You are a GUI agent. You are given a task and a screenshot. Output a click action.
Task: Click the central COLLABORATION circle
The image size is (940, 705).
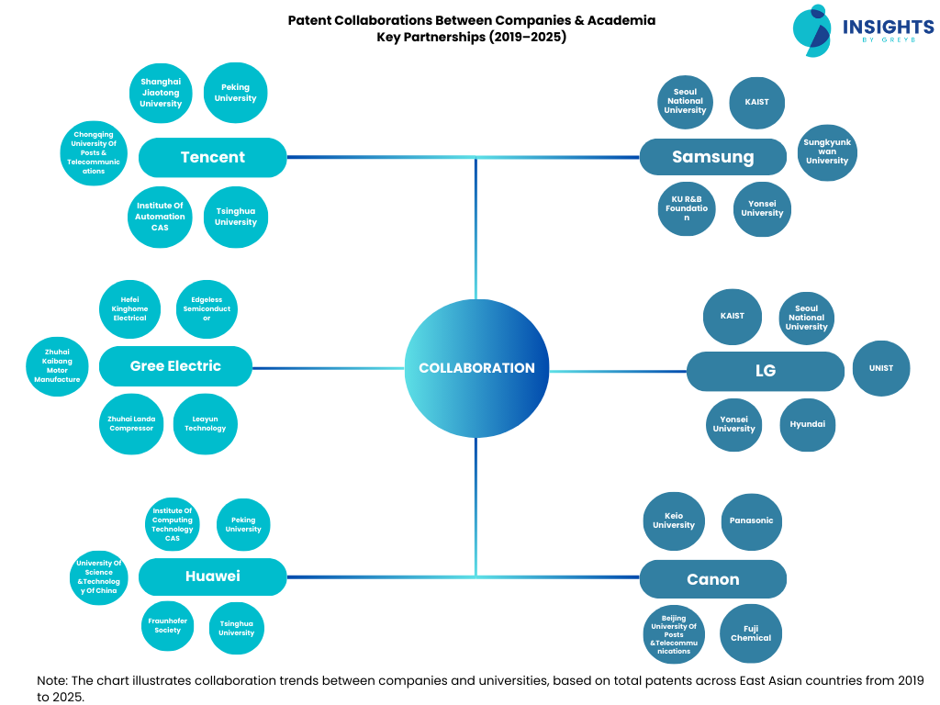[x=476, y=367]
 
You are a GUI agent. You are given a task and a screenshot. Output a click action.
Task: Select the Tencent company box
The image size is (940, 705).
[x=212, y=157]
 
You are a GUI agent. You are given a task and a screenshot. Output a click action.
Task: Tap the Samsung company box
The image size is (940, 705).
[x=712, y=157]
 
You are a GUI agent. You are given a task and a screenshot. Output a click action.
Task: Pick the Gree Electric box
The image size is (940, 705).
[x=175, y=366]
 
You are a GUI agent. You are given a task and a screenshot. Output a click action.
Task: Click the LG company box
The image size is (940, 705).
[x=765, y=371]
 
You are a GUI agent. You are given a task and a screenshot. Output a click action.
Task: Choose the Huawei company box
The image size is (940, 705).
[x=212, y=576]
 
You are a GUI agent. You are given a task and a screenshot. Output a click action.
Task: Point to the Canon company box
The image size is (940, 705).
[x=712, y=579]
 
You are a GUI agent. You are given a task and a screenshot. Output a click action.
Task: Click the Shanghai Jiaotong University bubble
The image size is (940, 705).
[x=161, y=93]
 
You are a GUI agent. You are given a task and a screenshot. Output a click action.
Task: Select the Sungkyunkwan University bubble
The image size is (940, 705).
[x=826, y=152]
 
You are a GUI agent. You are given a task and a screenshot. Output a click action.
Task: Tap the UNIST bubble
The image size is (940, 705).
[x=881, y=368]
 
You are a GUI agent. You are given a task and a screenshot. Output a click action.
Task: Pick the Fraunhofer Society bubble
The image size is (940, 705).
[x=168, y=626]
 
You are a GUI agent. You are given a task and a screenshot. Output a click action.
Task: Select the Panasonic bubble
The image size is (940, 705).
[x=751, y=520]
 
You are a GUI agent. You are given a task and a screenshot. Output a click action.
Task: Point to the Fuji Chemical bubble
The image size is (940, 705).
[x=751, y=632]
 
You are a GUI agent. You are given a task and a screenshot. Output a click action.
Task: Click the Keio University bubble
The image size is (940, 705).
[x=674, y=520]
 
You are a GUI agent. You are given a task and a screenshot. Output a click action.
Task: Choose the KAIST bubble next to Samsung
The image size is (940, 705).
[x=756, y=102]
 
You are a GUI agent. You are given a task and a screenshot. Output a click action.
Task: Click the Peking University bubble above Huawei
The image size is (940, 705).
[x=243, y=524]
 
